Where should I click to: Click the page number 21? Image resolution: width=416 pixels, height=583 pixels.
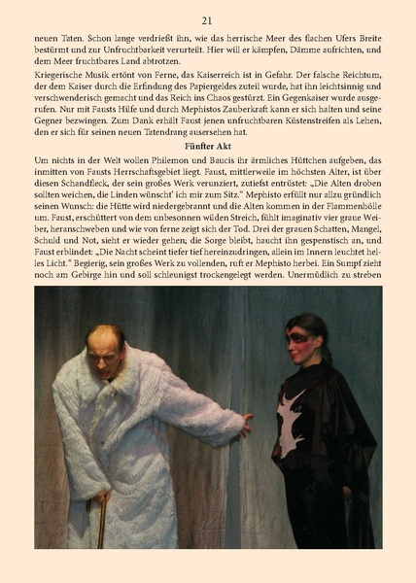[207, 19]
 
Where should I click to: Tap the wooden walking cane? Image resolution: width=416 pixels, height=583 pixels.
[101, 520]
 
